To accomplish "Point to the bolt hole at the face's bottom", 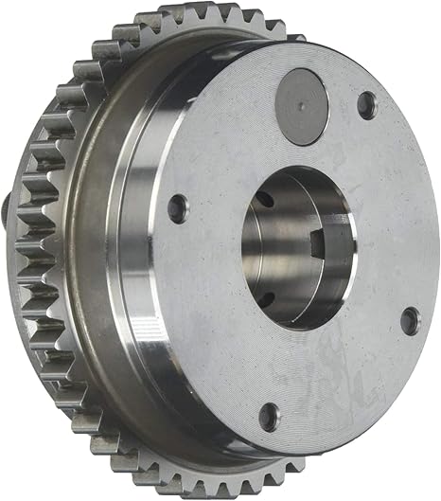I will [270, 413].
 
